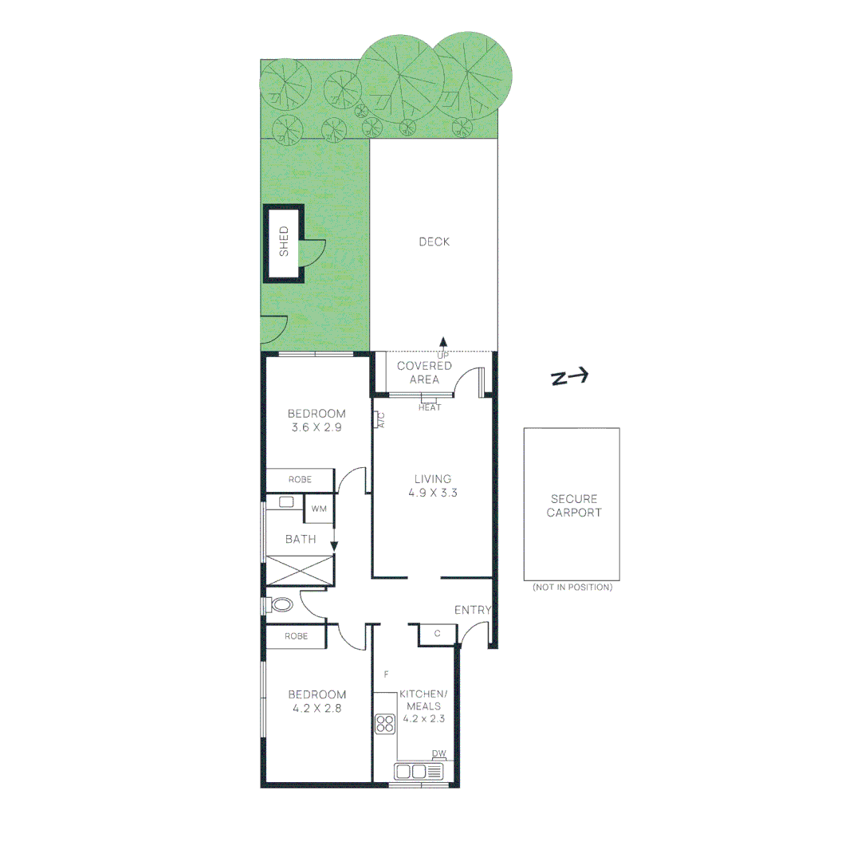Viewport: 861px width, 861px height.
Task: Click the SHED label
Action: (x=284, y=242)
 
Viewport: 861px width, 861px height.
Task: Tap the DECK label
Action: (x=434, y=242)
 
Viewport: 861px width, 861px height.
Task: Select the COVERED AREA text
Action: (x=424, y=372)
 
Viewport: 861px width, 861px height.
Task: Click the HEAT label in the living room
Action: (x=430, y=408)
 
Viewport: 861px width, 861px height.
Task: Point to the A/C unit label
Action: (x=380, y=420)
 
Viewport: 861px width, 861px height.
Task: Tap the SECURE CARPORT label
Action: (x=573, y=505)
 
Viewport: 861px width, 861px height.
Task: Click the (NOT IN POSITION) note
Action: (x=572, y=588)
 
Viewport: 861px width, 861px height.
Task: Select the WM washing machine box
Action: (x=319, y=509)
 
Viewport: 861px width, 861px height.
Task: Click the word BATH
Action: (x=301, y=539)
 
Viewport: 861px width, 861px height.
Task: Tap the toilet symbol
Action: (x=281, y=605)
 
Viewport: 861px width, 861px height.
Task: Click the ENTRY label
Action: (x=473, y=610)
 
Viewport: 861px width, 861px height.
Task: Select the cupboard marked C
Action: (x=437, y=634)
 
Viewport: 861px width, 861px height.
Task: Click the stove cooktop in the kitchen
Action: (x=386, y=724)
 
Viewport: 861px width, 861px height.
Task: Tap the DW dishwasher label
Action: (x=439, y=753)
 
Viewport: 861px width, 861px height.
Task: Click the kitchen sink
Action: (x=419, y=771)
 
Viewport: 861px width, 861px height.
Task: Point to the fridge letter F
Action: (x=386, y=674)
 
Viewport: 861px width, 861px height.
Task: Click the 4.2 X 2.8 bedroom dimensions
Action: (x=317, y=708)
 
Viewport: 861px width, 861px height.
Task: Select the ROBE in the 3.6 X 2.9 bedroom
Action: (x=299, y=480)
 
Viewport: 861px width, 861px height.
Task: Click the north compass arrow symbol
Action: (x=570, y=378)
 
